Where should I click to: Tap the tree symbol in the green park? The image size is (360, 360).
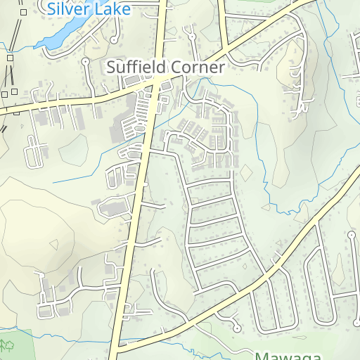[8, 345]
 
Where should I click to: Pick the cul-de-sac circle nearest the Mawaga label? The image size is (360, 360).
[237, 328]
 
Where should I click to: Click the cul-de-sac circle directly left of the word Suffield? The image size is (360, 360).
[86, 61]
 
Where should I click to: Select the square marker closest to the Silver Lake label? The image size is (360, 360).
[23, 12]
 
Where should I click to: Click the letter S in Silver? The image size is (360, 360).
[51, 8]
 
